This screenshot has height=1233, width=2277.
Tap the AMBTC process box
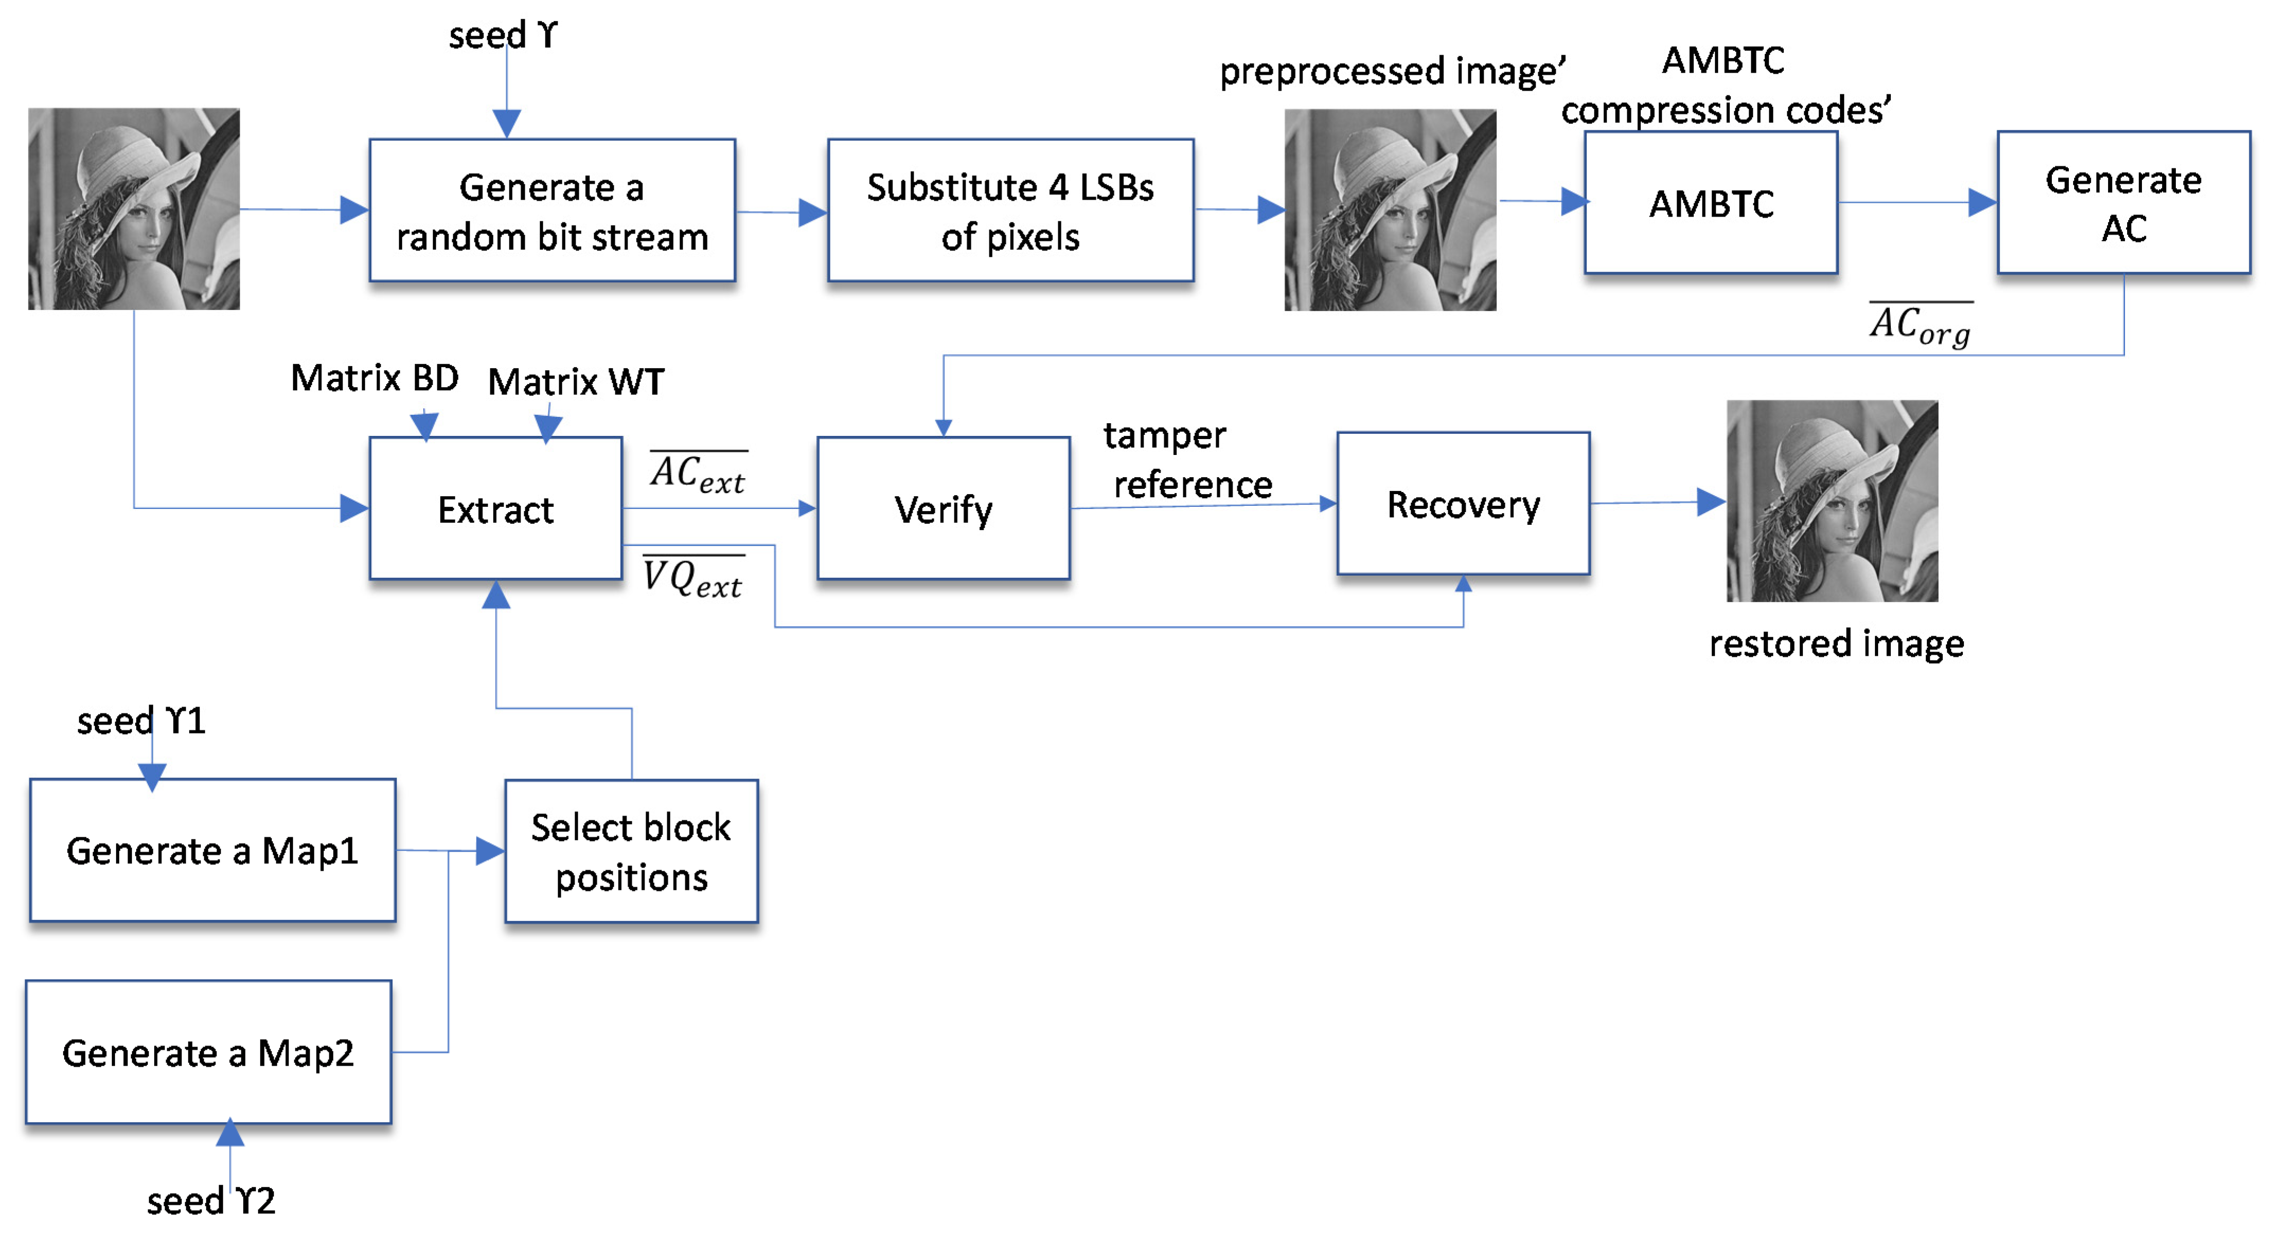(1710, 203)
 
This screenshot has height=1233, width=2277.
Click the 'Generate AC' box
(2123, 203)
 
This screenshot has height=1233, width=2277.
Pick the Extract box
(495, 509)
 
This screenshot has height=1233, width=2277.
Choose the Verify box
(943, 509)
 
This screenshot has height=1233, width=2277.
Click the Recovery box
(1463, 504)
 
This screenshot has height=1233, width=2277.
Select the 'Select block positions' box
(631, 851)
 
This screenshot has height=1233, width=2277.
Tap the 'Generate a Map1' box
(212, 850)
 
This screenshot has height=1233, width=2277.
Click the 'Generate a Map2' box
(209, 1052)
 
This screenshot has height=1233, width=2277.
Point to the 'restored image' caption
(1836, 644)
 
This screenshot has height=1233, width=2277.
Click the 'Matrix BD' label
(375, 378)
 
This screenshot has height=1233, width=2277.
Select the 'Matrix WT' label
(575, 382)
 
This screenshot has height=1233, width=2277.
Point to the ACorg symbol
(1920, 325)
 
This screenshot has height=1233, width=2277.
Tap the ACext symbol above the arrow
(698, 473)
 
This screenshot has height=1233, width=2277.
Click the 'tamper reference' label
(1187, 460)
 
